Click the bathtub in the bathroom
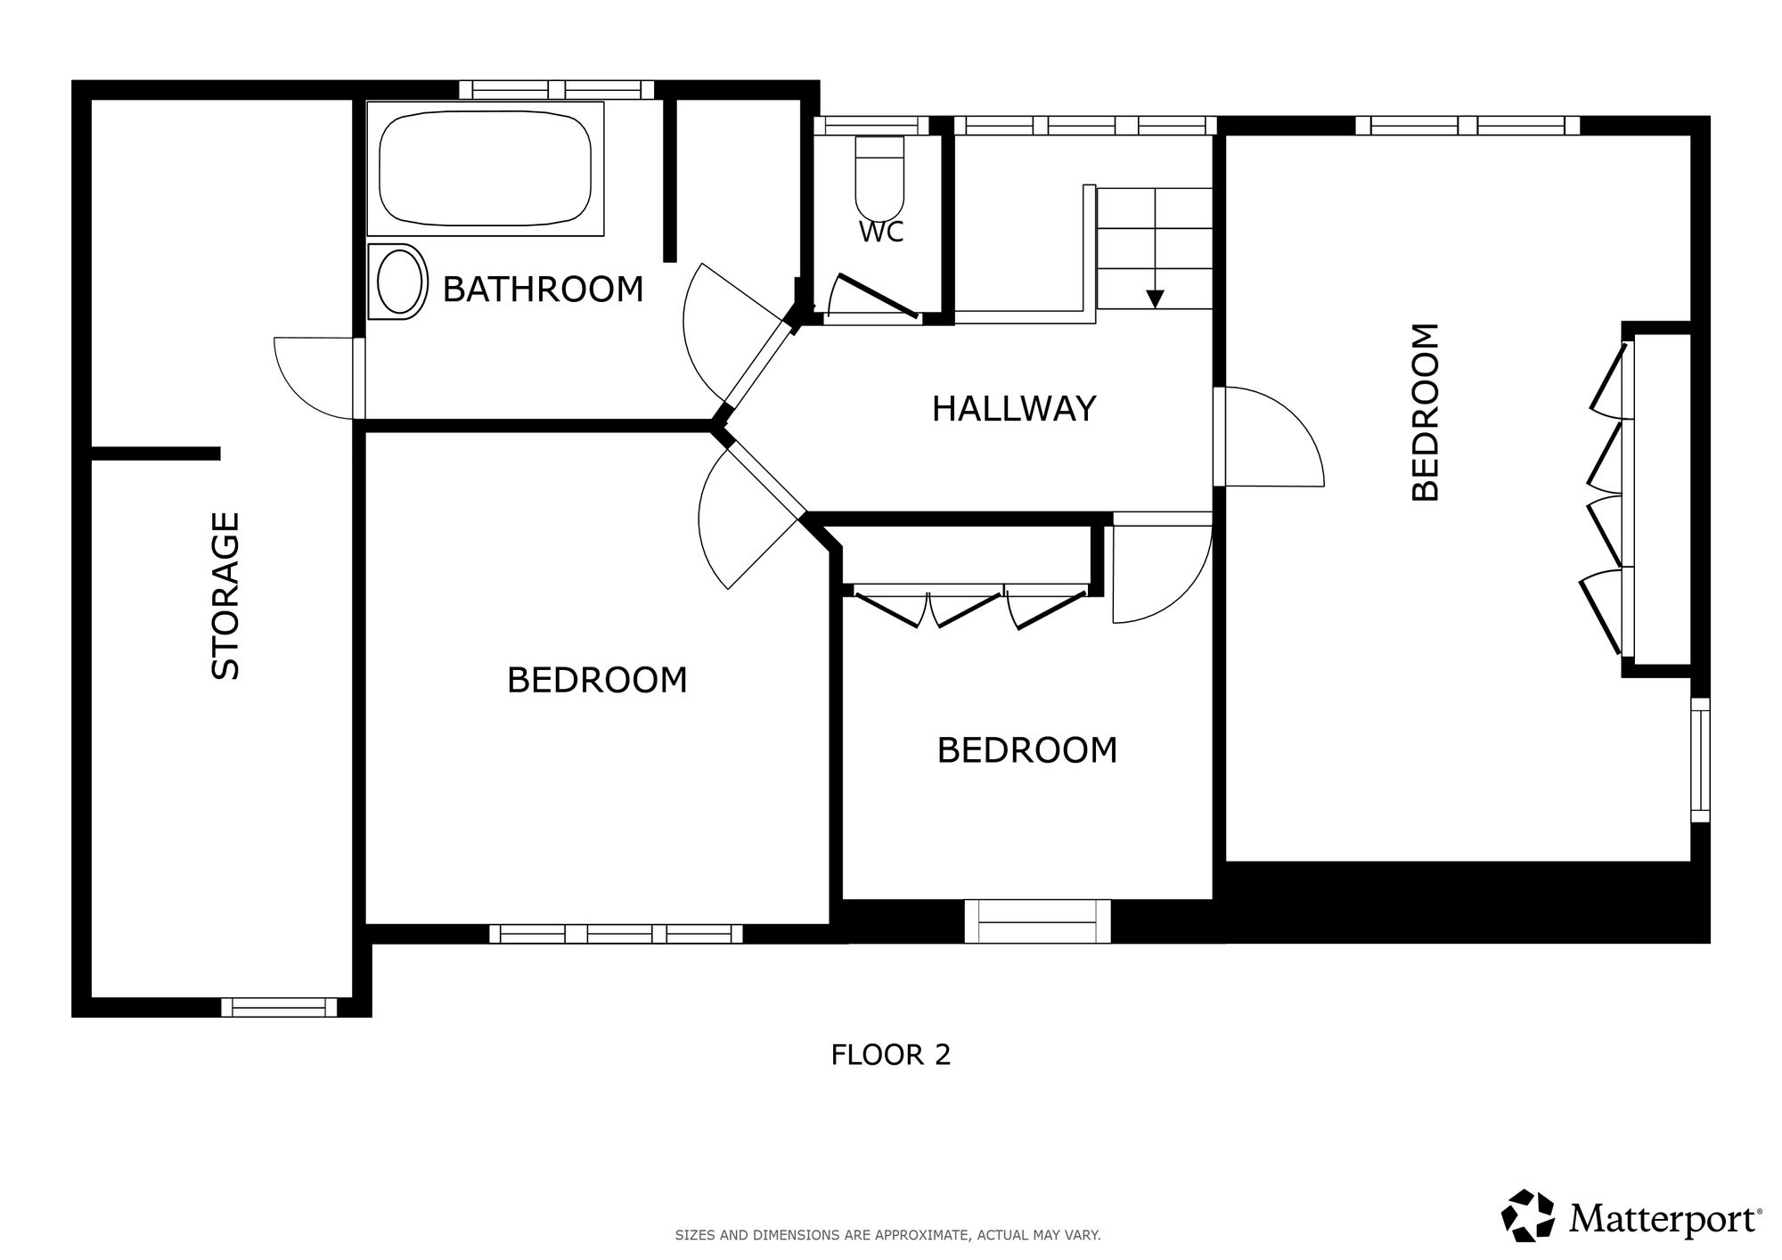pos(486,168)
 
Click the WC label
pos(881,232)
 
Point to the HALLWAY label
pos(1014,409)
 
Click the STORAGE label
pos(226,595)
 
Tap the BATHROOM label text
pos(543,290)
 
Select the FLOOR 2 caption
pos(891,1055)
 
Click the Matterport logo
pos(1631,1215)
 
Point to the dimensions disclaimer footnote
pos(887,1235)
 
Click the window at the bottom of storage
pos(279,1007)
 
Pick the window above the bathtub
pos(557,89)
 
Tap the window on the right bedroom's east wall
pos(1700,760)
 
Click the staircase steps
pos(1155,249)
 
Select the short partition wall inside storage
pos(156,454)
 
